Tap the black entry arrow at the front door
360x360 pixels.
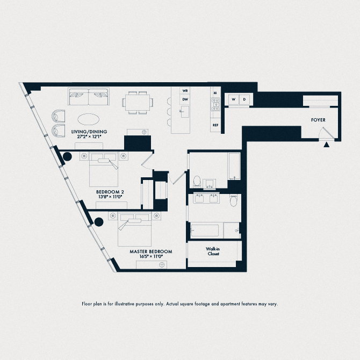(326, 143)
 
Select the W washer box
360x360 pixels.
(233, 99)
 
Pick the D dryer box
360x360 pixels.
(244, 99)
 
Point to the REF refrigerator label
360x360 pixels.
(215, 125)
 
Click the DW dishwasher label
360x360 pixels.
(185, 99)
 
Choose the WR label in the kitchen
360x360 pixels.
(185, 91)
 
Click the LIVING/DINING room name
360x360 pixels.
(89, 132)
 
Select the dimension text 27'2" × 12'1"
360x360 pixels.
(89, 137)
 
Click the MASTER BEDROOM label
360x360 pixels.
(151, 251)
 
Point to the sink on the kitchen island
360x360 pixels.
(184, 112)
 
